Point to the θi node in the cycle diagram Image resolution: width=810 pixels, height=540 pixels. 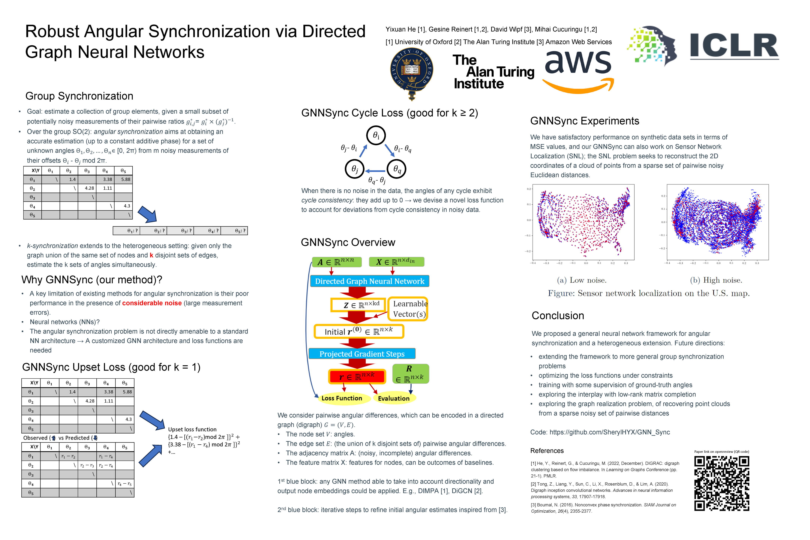(x=376, y=135)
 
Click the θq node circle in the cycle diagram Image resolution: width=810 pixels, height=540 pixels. (x=397, y=169)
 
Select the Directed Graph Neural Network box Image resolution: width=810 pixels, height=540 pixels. (x=370, y=281)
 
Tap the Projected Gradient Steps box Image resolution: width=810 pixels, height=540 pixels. (x=362, y=354)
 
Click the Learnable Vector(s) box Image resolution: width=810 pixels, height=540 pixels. (x=408, y=309)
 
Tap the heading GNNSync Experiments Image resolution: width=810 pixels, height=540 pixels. (x=584, y=121)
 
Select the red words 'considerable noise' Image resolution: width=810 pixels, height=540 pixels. (x=152, y=303)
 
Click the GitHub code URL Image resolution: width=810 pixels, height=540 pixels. (x=610, y=432)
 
